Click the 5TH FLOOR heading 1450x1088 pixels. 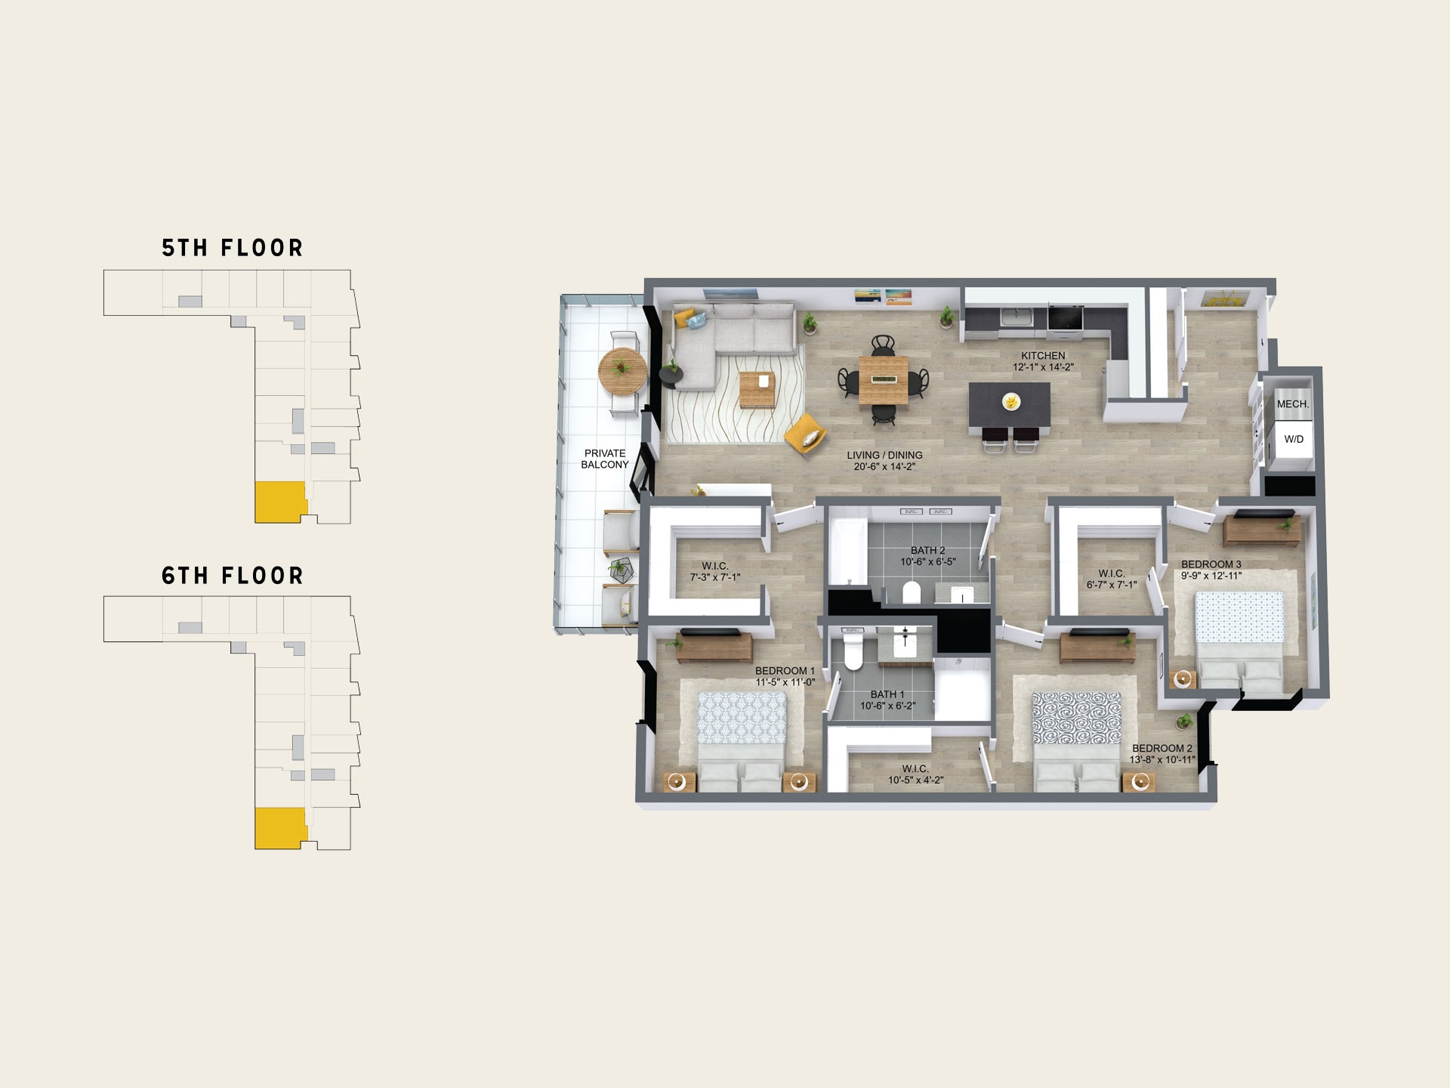tap(233, 248)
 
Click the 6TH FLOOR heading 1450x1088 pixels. tap(233, 576)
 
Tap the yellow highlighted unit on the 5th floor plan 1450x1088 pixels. tap(279, 502)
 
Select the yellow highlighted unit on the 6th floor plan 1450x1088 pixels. tap(279, 828)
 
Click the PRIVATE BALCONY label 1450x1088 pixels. tap(605, 459)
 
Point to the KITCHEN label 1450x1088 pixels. tap(1043, 356)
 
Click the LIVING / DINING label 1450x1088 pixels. tap(884, 456)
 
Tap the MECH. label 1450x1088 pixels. tap(1293, 404)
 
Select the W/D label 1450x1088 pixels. tap(1294, 439)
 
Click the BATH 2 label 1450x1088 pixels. tap(928, 551)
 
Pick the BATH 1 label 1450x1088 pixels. tap(887, 694)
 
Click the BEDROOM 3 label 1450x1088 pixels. tap(1211, 564)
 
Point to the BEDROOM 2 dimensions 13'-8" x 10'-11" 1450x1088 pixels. tap(1162, 759)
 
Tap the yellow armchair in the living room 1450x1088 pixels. tap(805, 434)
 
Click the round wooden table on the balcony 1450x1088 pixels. tap(622, 372)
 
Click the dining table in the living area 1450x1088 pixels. tap(883, 379)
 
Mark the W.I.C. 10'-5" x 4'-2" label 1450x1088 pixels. tap(915, 774)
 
